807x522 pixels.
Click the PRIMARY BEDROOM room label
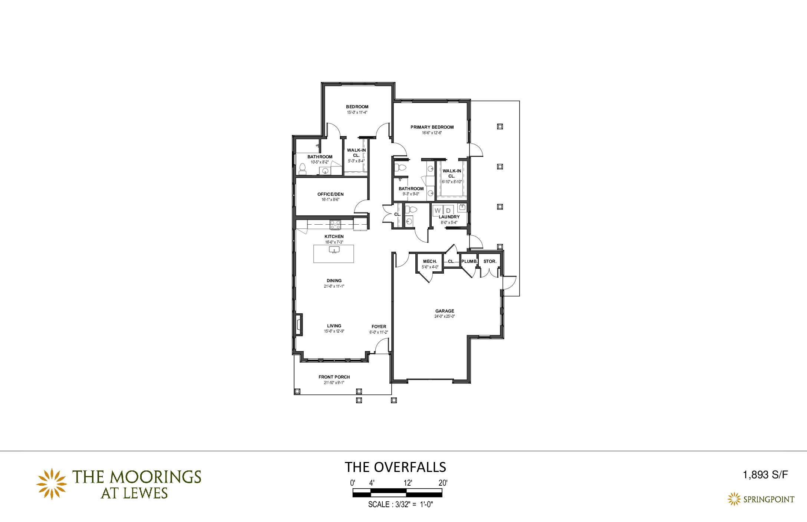[x=432, y=127]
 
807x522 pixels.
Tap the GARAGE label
[x=445, y=311]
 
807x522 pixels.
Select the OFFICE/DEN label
[x=330, y=194]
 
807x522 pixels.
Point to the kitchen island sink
[x=334, y=250]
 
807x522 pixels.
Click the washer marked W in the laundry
[x=438, y=210]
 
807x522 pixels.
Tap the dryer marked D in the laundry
[x=448, y=210]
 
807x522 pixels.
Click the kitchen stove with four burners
[x=335, y=224]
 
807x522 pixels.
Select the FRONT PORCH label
[x=334, y=377]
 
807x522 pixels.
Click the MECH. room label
[x=430, y=261]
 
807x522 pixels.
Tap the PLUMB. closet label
[x=470, y=261]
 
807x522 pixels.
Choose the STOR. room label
[x=490, y=261]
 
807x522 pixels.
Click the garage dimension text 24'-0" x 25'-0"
[x=445, y=317]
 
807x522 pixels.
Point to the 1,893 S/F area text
[x=765, y=475]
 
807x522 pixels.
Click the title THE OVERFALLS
[x=395, y=467]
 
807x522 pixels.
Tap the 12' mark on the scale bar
[x=408, y=483]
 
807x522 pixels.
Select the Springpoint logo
[x=761, y=499]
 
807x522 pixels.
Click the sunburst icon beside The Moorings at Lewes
[x=52, y=484]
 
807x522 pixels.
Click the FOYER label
[x=379, y=327]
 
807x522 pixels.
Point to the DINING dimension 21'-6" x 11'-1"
[x=334, y=286]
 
